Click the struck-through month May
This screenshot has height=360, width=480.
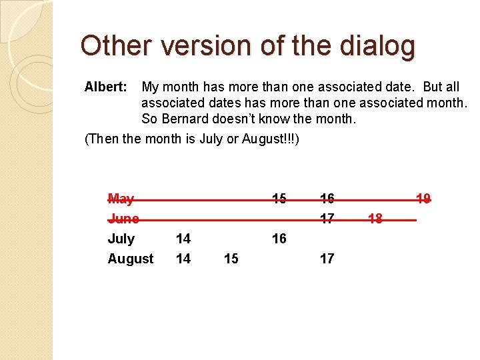(x=121, y=199)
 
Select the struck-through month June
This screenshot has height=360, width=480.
(x=123, y=219)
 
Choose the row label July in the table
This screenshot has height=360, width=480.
(x=121, y=239)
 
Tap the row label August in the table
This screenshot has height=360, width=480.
(x=131, y=259)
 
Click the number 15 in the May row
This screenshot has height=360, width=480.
(x=279, y=199)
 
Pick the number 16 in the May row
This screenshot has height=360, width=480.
(x=327, y=199)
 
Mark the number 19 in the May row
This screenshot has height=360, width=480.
(x=423, y=199)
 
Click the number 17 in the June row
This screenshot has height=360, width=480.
(x=327, y=219)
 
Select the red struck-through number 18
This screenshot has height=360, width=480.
(x=375, y=219)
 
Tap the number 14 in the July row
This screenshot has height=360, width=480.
(x=183, y=239)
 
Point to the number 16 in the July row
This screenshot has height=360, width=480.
(x=279, y=239)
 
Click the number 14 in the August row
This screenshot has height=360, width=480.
(x=183, y=259)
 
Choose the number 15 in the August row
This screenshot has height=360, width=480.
(x=231, y=259)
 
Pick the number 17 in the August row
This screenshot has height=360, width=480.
(x=327, y=259)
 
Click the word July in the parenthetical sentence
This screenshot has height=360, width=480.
(x=211, y=139)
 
